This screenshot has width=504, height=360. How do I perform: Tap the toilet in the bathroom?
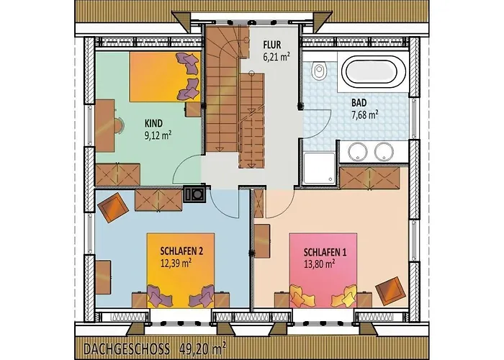[319, 71]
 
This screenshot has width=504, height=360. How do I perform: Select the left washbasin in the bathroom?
[358, 151]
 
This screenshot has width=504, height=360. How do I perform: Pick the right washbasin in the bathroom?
[384, 151]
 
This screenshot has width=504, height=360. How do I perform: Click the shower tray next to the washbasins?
[319, 168]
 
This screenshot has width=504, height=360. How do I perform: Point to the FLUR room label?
[272, 45]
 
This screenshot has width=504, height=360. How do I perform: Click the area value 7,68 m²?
[365, 114]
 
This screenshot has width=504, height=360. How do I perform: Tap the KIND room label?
[153, 123]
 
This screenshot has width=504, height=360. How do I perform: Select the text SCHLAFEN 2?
[181, 251]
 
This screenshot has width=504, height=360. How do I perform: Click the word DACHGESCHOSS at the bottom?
[127, 349]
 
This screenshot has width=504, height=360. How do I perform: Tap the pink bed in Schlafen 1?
[323, 270]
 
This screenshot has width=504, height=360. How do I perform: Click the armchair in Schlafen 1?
[390, 291]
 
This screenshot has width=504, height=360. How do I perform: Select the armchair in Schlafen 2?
[113, 207]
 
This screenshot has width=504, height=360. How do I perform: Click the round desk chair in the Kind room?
[120, 126]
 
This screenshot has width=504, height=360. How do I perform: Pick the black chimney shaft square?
[195, 194]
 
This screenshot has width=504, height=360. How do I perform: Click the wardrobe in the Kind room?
[118, 174]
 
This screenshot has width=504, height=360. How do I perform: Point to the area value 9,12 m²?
[158, 135]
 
